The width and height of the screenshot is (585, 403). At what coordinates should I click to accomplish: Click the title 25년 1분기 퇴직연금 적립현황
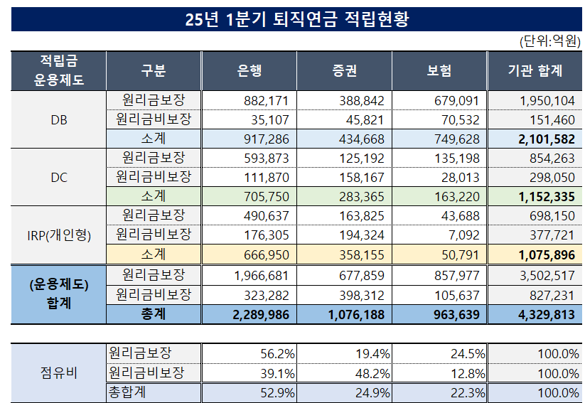296,19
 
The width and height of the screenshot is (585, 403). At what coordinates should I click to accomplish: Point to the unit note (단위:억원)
550,41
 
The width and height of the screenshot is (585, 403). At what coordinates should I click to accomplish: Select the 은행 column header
249,70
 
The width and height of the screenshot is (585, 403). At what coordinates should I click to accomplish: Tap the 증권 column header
344,70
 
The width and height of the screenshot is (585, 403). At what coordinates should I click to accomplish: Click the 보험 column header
439,70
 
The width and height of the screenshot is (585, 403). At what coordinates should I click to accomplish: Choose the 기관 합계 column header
535,70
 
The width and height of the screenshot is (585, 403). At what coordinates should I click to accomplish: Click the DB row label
59,119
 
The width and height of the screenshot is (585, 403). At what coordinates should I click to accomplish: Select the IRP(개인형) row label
59,235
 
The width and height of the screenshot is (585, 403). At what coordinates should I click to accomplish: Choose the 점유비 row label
59,372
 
